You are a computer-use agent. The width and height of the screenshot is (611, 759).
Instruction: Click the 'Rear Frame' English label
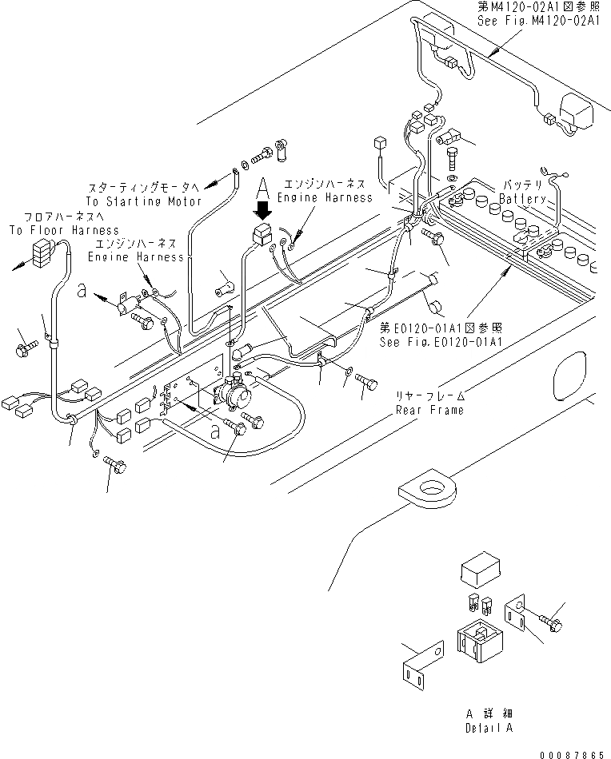(429, 410)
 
